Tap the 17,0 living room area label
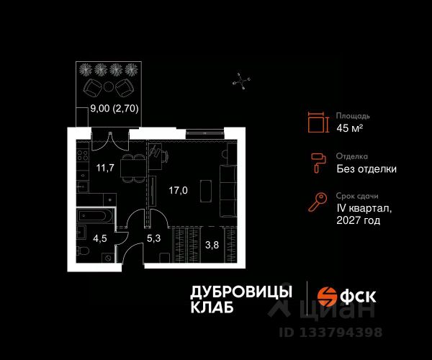point(178,192)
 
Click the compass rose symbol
point(243,81)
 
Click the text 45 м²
point(350,129)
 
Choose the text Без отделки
point(366,169)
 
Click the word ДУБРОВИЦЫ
point(241,292)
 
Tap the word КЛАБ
point(212,308)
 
